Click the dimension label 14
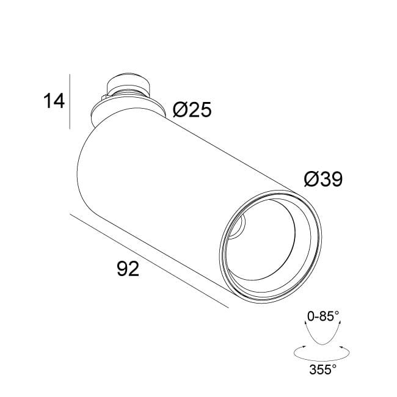(54, 101)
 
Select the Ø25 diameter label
(192, 109)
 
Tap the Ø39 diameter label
(323, 179)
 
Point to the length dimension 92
(128, 269)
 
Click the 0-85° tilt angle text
(323, 316)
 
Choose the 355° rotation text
(323, 369)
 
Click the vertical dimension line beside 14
(70, 101)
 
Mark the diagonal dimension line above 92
(149, 261)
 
